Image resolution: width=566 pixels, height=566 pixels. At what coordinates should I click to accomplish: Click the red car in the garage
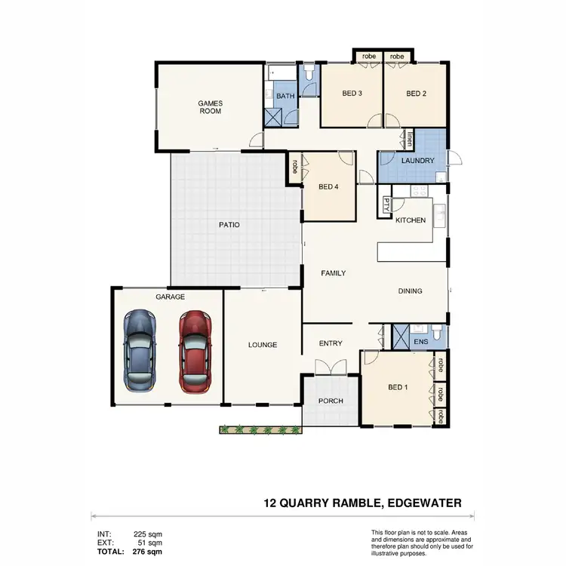click(195, 352)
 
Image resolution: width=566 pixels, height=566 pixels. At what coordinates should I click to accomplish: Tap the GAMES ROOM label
click(210, 107)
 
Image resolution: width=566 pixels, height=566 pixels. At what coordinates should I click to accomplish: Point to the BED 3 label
click(352, 94)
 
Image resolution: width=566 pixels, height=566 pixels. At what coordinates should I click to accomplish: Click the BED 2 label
click(417, 94)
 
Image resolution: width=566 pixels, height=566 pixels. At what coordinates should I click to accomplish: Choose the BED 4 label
click(329, 187)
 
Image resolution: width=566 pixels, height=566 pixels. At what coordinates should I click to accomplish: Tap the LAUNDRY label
click(417, 161)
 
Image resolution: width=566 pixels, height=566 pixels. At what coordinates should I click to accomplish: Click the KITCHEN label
click(411, 220)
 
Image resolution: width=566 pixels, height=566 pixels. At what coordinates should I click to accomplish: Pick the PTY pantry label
click(386, 204)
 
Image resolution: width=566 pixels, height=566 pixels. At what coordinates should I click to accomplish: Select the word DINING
click(411, 291)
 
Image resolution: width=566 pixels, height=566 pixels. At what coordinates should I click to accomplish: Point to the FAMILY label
click(333, 273)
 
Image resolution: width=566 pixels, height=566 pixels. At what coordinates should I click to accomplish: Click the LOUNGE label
click(263, 345)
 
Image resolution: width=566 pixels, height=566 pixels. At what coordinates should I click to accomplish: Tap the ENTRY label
click(331, 343)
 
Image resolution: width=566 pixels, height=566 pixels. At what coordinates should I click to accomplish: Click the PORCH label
click(331, 401)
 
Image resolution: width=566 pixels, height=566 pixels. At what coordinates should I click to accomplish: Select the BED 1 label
click(398, 388)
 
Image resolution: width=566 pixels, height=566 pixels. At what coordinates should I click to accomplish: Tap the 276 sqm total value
click(147, 552)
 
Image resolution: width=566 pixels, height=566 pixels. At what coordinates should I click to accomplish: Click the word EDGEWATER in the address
click(420, 502)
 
